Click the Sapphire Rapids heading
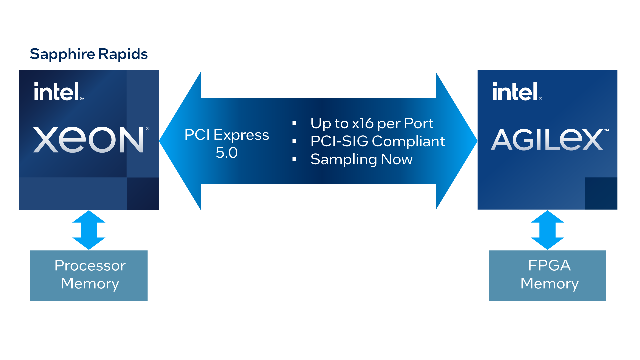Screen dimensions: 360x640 click(89, 54)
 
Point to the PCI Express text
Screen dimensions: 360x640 click(227, 135)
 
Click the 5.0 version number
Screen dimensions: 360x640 click(227, 153)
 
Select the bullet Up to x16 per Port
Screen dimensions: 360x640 click(372, 123)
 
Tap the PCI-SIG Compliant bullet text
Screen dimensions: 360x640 click(377, 141)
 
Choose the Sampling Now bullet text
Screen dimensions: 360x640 click(361, 159)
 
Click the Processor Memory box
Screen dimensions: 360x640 click(89, 276)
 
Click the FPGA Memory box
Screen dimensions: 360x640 click(547, 276)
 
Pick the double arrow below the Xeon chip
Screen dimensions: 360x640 click(89, 230)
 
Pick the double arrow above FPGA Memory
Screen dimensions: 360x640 click(547, 230)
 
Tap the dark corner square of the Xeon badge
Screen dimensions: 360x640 click(143, 193)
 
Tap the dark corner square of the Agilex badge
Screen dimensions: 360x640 click(601, 193)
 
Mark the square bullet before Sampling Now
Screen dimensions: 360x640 click(294, 159)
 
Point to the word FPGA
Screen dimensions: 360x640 click(549, 266)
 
